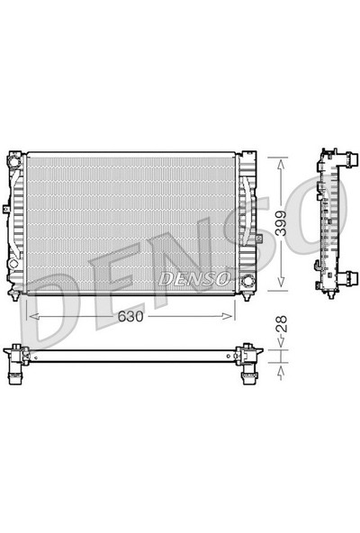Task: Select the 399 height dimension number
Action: tap(283, 222)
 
